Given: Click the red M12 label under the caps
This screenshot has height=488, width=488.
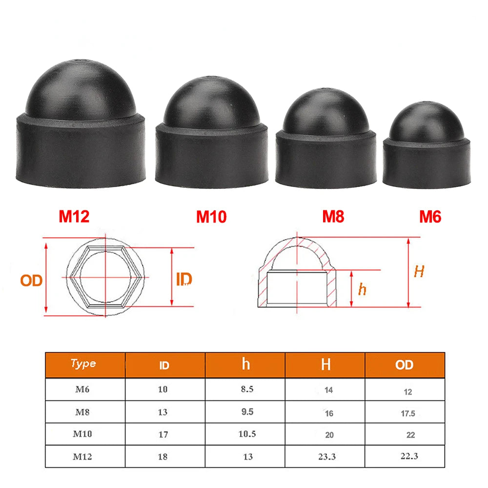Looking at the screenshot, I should (x=74, y=216).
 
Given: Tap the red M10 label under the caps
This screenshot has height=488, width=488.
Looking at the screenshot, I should (x=211, y=216).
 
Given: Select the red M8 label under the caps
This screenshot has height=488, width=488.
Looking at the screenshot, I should (x=333, y=216).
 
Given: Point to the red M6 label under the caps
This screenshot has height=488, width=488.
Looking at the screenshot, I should (x=430, y=216).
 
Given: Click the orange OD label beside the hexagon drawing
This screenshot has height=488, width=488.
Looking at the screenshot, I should (x=31, y=280).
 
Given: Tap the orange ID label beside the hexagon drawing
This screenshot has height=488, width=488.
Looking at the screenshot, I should (x=183, y=279).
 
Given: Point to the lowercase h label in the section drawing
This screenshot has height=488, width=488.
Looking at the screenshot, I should (x=362, y=289).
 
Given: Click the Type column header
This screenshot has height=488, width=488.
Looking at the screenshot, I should (x=83, y=364).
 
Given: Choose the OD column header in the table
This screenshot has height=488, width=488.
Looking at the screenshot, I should (x=404, y=365).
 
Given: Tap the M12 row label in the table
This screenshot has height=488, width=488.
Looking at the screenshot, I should (x=82, y=457).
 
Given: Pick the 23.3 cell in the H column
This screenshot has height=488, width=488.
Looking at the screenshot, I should (x=327, y=457).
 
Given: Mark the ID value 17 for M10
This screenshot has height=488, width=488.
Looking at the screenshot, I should (x=163, y=434).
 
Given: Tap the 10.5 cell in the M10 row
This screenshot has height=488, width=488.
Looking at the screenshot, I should (x=247, y=434).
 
